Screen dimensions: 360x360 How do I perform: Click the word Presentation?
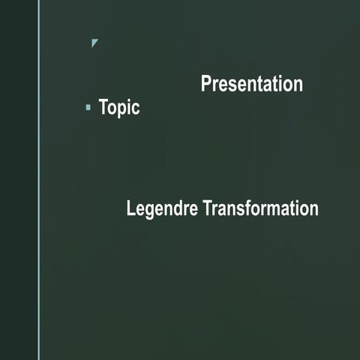251,84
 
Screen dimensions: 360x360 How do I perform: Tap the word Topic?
119,108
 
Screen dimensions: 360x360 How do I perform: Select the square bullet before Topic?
88,108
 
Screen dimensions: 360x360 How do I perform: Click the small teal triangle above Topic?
94,43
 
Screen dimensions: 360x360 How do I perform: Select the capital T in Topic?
103,107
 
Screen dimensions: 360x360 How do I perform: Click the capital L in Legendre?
130,208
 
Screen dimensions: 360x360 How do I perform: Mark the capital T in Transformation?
208,208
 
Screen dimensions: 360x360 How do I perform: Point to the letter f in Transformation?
248,208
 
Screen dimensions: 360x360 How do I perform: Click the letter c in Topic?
136,109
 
